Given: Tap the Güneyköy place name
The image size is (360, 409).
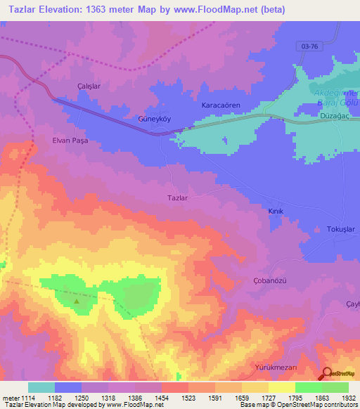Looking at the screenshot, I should pyautogui.click(x=154, y=119).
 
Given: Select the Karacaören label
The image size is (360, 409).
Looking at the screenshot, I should pyautogui.click(x=221, y=105).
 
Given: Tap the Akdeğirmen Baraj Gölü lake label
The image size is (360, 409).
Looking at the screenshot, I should pyautogui.click(x=337, y=98).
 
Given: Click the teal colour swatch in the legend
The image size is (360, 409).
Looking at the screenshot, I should pyautogui.click(x=41, y=387).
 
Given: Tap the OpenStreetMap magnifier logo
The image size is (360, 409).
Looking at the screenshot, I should pyautogui.click(x=326, y=375).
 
